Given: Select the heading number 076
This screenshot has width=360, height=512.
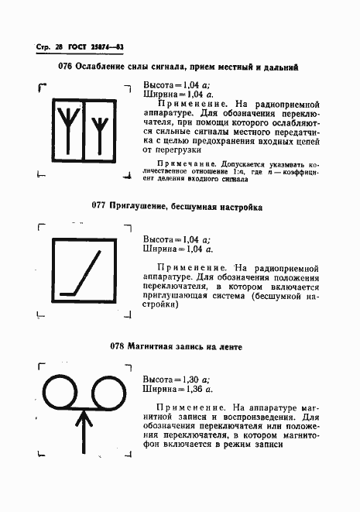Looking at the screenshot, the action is pyautogui.click(x=65, y=67).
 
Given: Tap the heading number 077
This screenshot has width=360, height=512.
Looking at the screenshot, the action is pyautogui.click(x=98, y=208).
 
